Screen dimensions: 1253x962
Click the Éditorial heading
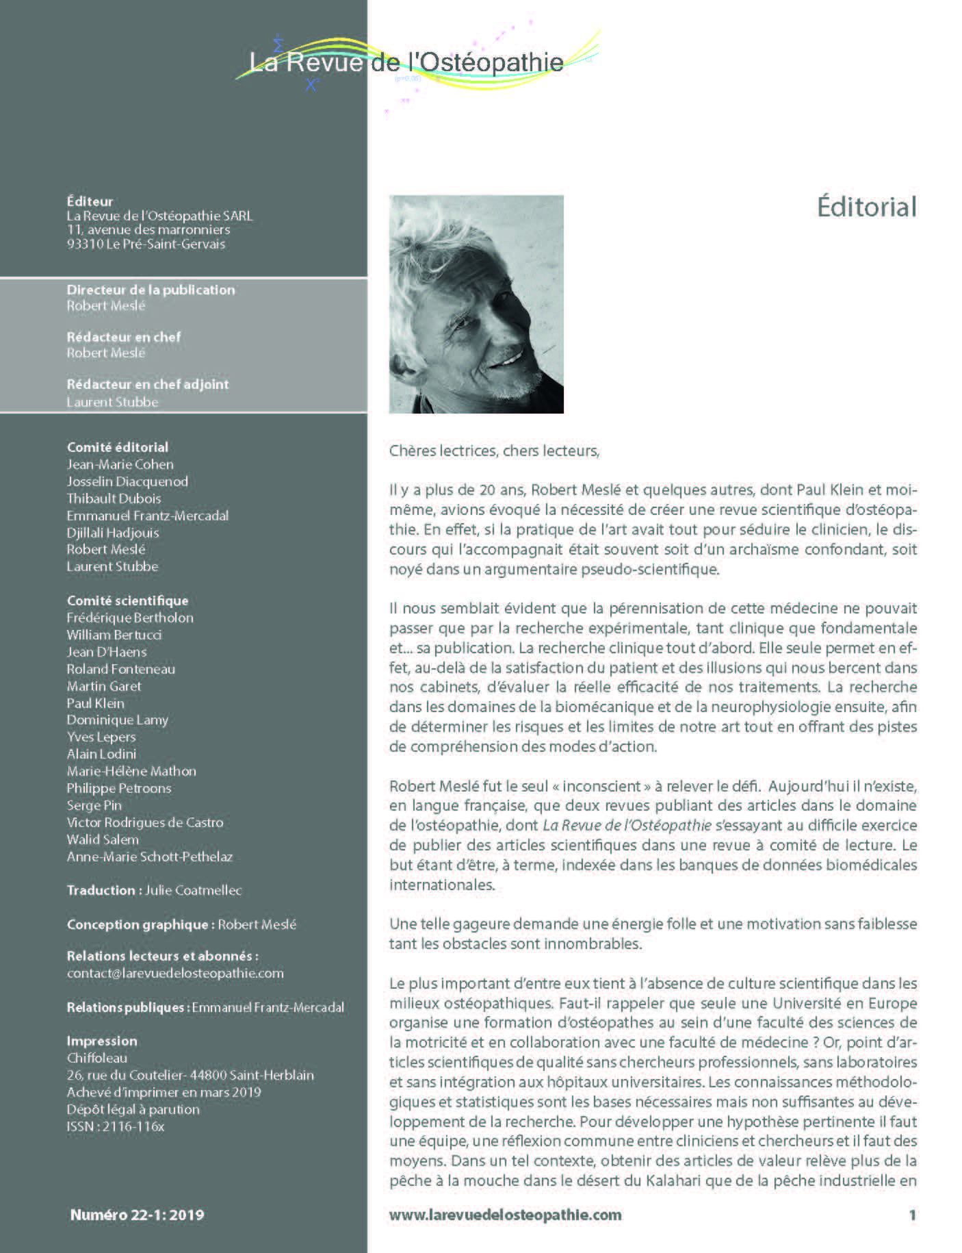point(866,207)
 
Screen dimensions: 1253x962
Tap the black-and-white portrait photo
point(476,304)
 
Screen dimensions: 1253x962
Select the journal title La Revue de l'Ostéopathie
point(406,62)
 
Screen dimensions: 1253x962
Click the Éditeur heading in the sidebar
point(90,201)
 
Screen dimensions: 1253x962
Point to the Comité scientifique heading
point(127,600)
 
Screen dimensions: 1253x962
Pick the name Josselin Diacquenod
point(127,481)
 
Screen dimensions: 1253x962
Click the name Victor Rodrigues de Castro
point(145,822)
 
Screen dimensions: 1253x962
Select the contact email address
point(175,973)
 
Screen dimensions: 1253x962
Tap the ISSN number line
point(116,1126)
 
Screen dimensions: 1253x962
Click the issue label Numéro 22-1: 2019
point(137,1215)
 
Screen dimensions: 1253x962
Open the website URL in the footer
point(505,1215)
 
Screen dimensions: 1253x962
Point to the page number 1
point(912,1215)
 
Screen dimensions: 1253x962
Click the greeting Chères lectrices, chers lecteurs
point(494,451)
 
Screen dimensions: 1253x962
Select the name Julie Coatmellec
point(194,890)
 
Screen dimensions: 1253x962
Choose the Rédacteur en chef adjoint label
point(148,384)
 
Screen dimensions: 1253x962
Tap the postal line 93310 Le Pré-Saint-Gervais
point(146,244)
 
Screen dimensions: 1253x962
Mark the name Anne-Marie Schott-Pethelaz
point(150,857)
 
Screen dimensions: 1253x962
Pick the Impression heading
point(102,1041)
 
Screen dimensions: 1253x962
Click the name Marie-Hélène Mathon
point(131,771)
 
